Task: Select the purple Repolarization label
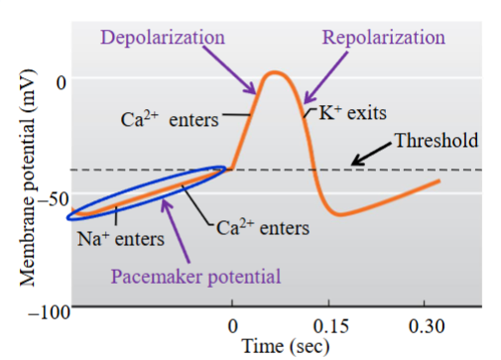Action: pyautogui.click(x=384, y=37)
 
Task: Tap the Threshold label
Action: pyautogui.click(x=437, y=140)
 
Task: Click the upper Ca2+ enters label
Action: pyautogui.click(x=170, y=120)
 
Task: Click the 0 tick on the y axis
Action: pyautogui.click(x=61, y=81)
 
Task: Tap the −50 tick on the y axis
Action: pyautogui.click(x=52, y=194)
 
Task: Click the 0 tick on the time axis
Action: pyautogui.click(x=232, y=326)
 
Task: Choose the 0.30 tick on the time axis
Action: pyautogui.click(x=424, y=326)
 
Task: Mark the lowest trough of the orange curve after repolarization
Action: pyautogui.click(x=339, y=213)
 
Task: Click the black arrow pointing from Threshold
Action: pyautogui.click(x=370, y=153)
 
